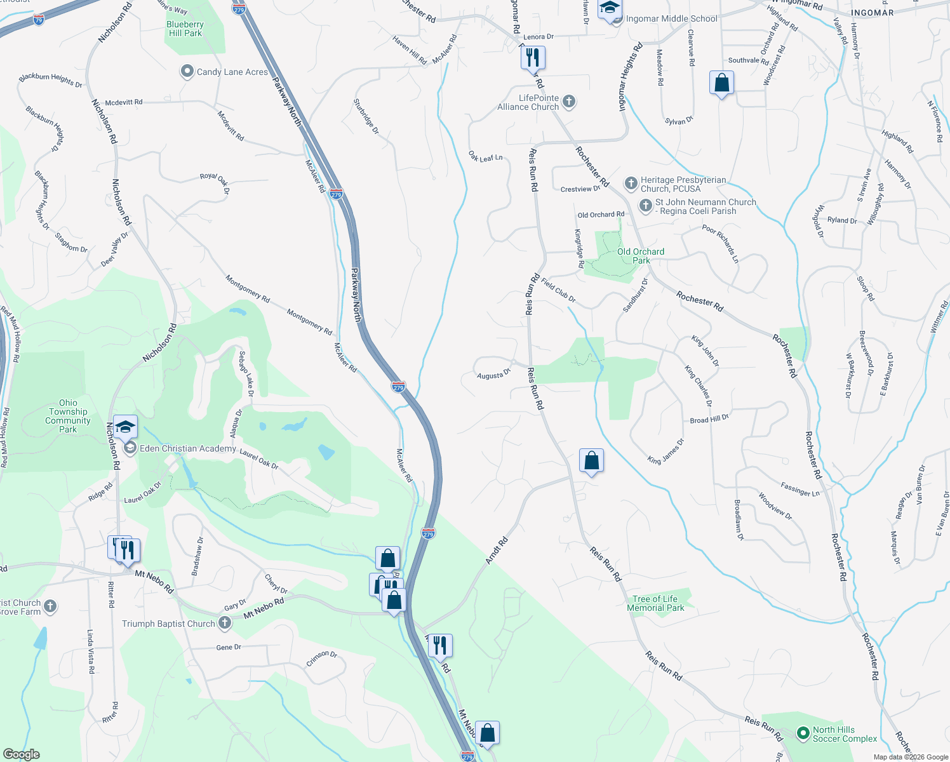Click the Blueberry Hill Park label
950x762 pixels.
click(185, 29)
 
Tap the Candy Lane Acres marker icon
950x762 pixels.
click(187, 72)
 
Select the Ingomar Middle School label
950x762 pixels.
click(671, 19)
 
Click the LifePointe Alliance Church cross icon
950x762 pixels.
click(569, 101)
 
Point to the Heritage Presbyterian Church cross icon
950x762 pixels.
click(631, 184)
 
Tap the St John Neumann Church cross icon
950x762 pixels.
click(645, 206)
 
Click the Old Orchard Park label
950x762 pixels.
click(640, 256)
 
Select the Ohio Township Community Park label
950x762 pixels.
click(68, 416)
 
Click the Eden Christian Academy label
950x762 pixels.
click(188, 448)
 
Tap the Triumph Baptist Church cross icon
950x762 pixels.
click(225, 623)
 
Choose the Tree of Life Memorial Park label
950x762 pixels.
click(655, 603)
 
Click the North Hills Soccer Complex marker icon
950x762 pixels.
click(803, 733)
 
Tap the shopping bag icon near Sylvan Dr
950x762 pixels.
click(721, 83)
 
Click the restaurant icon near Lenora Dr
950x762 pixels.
click(533, 58)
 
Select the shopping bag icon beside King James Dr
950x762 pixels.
click(591, 461)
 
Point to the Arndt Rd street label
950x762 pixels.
click(497, 551)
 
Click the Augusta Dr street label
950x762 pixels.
click(493, 375)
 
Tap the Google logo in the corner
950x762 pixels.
click(21, 754)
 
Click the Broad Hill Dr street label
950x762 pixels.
click(709, 419)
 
